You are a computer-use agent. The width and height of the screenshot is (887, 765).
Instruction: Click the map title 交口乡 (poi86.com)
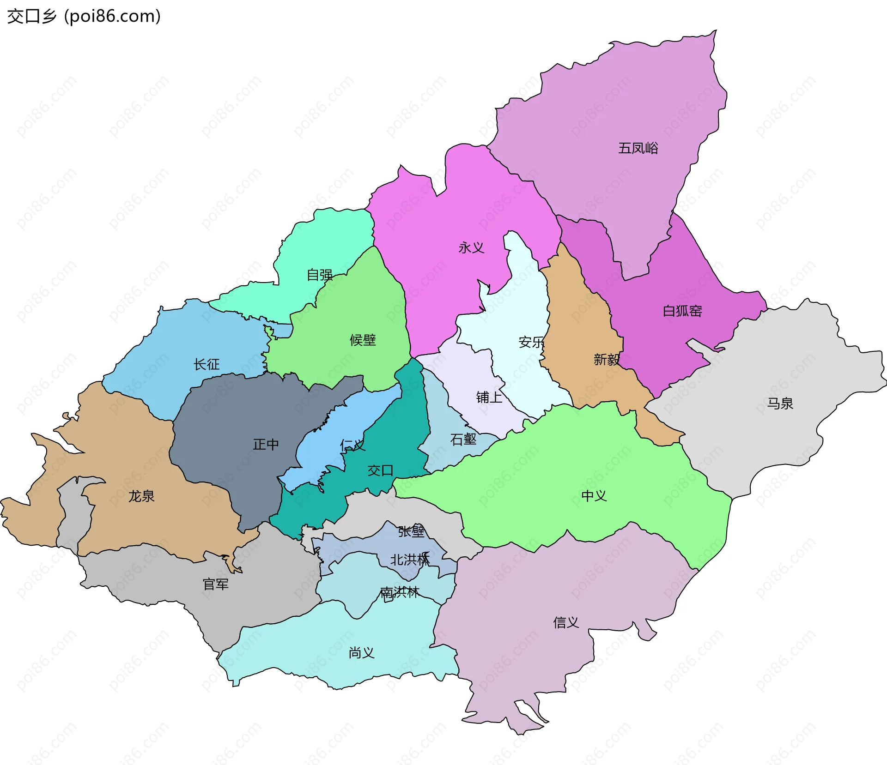pyautogui.click(x=84, y=16)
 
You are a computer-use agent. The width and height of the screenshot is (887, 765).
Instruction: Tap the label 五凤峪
pyautogui.click(x=638, y=148)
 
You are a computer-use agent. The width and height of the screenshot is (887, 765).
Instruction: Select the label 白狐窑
pyautogui.click(x=682, y=311)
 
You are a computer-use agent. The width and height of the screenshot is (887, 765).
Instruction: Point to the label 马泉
pyautogui.click(x=780, y=404)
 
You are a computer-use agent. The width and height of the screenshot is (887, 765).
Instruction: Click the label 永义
pyautogui.click(x=471, y=248)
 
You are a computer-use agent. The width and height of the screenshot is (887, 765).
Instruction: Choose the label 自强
pyautogui.click(x=320, y=275)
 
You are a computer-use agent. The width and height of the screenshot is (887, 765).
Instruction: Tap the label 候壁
pyautogui.click(x=363, y=340)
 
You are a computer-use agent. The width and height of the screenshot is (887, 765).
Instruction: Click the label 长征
pyautogui.click(x=207, y=364)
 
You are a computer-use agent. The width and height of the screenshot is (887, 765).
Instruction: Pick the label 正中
pyautogui.click(x=266, y=444)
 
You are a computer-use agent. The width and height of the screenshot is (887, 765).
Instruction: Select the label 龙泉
pyautogui.click(x=141, y=496)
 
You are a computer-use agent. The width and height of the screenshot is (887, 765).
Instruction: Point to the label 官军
pyautogui.click(x=216, y=584)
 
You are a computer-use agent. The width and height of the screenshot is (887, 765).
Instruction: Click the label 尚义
pyautogui.click(x=361, y=652)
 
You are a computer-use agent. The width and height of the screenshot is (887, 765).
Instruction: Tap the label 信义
pyautogui.click(x=566, y=622)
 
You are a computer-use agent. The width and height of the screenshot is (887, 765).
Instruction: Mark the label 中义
pyautogui.click(x=594, y=496)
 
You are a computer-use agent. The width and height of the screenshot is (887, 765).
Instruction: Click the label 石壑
pyautogui.click(x=463, y=439)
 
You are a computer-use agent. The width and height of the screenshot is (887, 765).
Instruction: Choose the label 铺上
pyautogui.click(x=489, y=397)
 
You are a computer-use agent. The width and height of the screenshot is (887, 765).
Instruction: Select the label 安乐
pyautogui.click(x=531, y=342)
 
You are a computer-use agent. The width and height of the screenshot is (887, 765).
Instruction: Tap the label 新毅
pyautogui.click(x=606, y=359)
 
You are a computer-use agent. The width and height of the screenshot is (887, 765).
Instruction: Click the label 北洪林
pyautogui.click(x=410, y=560)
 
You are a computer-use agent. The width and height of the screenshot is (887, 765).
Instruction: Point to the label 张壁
pyautogui.click(x=411, y=531)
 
